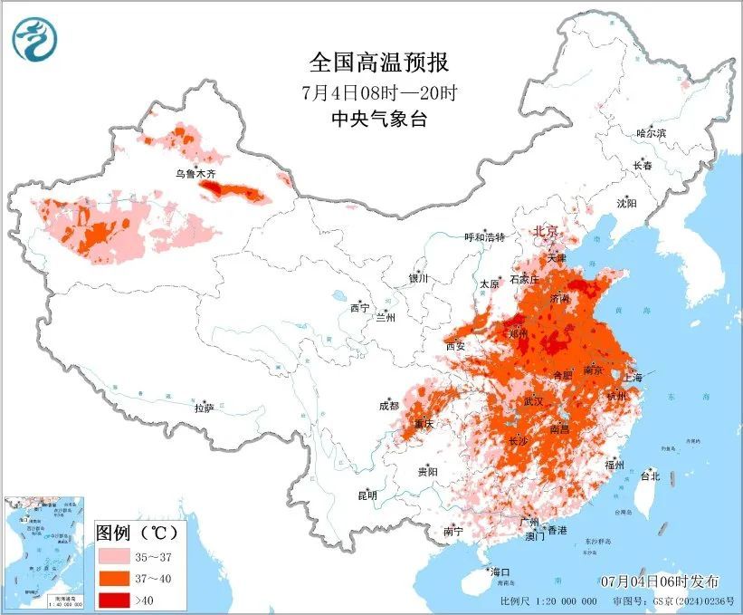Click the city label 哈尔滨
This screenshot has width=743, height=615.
click(x=650, y=133)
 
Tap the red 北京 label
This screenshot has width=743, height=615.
click(x=545, y=231)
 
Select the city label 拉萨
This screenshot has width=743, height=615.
click(x=204, y=408)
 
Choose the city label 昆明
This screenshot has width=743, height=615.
click(x=367, y=495)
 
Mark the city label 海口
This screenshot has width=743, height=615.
click(x=500, y=572)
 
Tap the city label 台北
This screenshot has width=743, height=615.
click(x=650, y=476)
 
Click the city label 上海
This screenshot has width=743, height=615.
click(x=632, y=377)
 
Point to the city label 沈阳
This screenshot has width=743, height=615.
click(x=627, y=203)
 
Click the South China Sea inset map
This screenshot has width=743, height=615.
click(x=44, y=552)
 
